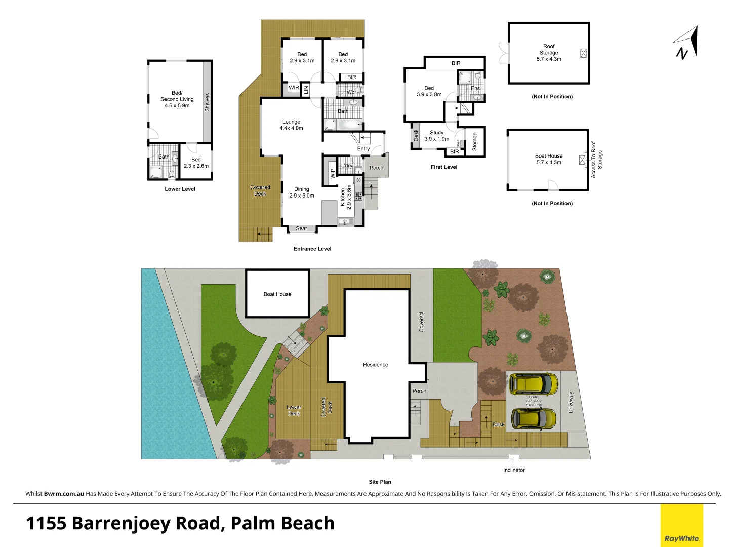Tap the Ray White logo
click(x=681, y=526)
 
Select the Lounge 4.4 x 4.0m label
click(x=291, y=125)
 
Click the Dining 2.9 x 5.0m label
click(x=301, y=192)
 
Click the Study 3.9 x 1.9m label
click(x=436, y=136)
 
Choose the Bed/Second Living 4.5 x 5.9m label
click(x=177, y=99)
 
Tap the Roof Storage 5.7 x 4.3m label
click(x=549, y=53)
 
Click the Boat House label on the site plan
click(x=277, y=294)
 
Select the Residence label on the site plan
click(x=375, y=365)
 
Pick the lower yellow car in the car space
click(x=533, y=418)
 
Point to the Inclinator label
click(x=514, y=470)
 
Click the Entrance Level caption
click(x=312, y=249)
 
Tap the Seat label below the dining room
click(x=301, y=228)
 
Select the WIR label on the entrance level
click(x=294, y=88)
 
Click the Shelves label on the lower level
click(x=207, y=102)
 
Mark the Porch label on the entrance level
click(x=376, y=168)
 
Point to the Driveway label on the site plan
click(x=571, y=402)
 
